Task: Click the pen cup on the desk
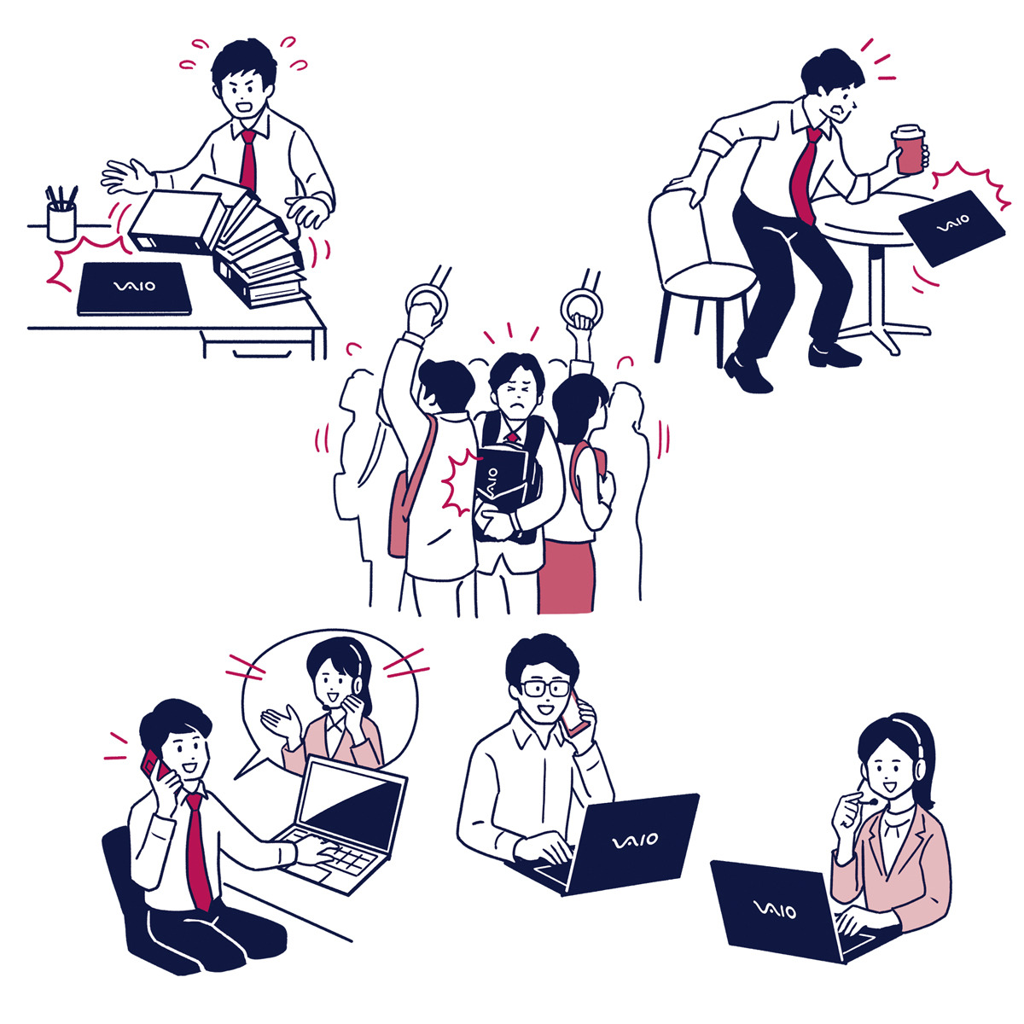61,222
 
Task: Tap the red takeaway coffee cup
909,150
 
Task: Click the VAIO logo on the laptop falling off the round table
953,224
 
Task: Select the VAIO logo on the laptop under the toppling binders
135,286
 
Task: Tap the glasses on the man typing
544,688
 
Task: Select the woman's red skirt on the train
567,576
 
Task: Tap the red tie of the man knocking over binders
248,160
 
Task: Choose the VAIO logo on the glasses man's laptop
635,841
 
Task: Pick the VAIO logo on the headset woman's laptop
776,909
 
